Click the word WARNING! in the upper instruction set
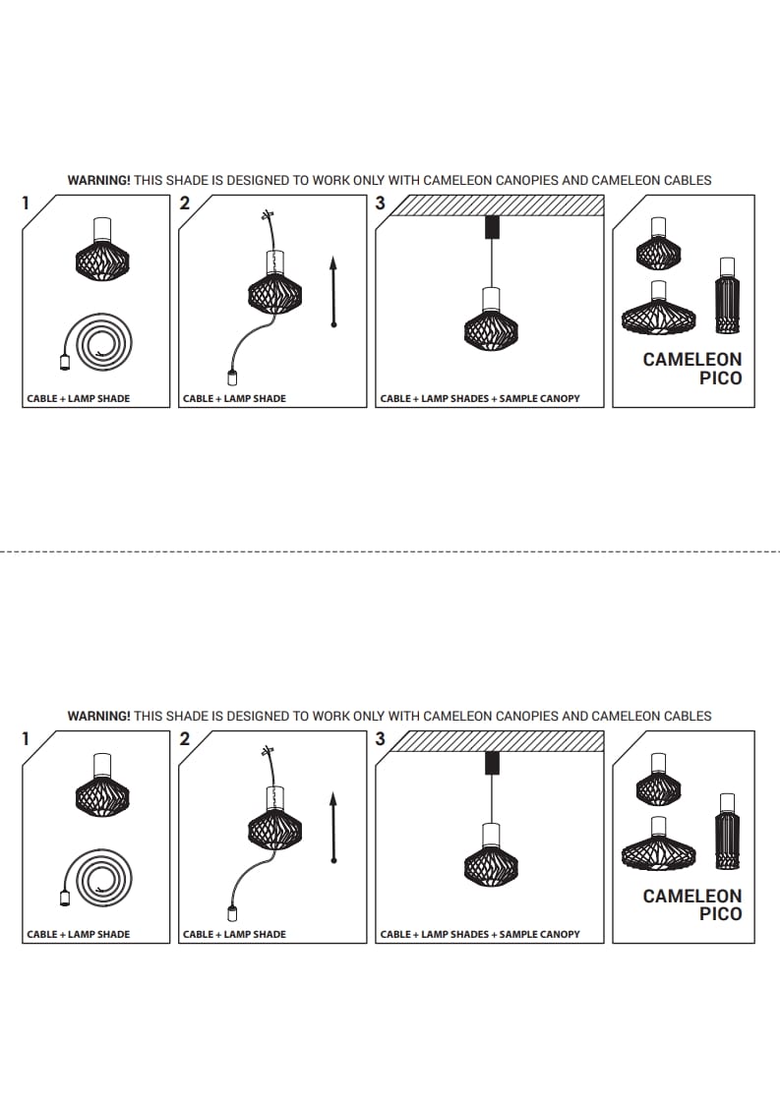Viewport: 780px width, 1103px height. [x=98, y=181]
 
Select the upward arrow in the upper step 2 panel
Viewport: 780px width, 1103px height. [x=333, y=291]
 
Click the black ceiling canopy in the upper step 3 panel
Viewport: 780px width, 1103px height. [x=491, y=227]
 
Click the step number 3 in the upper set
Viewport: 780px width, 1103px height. [x=381, y=203]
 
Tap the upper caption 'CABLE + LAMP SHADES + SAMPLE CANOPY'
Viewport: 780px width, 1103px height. [x=480, y=399]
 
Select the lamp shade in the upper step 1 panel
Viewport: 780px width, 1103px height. [x=102, y=253]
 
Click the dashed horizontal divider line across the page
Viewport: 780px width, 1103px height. [x=390, y=551]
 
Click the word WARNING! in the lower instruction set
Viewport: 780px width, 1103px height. [x=98, y=717]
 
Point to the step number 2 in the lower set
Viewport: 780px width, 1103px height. [x=184, y=739]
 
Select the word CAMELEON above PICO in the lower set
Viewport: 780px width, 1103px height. [x=692, y=896]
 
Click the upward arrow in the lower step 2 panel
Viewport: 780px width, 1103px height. [x=333, y=827]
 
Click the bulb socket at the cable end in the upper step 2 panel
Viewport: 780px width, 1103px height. [x=232, y=379]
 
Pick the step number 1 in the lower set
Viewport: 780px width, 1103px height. [x=26, y=739]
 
